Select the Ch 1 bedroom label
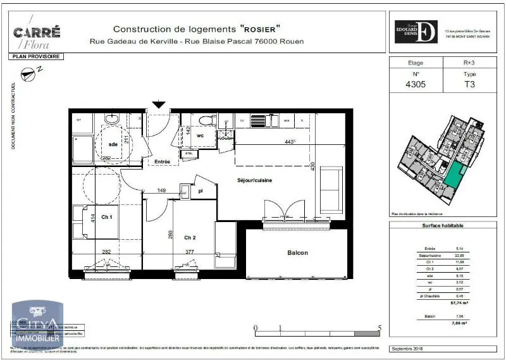(107, 218)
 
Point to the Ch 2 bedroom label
(190, 237)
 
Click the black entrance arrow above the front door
(158, 105)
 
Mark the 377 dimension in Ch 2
(189, 252)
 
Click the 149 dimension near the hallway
(161, 190)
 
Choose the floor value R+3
(469, 63)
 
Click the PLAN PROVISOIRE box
(36, 56)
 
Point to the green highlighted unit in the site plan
(454, 173)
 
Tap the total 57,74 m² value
(459, 303)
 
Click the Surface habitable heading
(443, 226)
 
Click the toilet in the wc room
(204, 120)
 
